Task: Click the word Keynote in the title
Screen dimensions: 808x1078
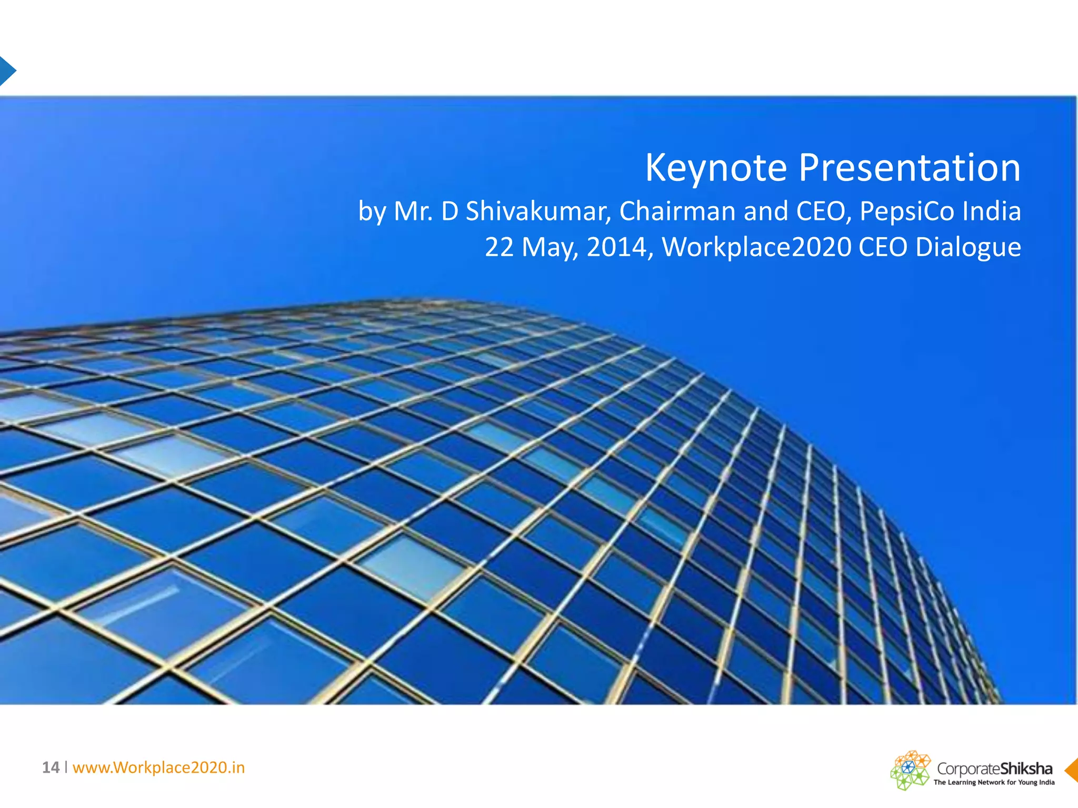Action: click(716, 168)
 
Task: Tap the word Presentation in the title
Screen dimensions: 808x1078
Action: click(910, 168)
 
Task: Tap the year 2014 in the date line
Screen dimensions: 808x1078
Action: click(616, 247)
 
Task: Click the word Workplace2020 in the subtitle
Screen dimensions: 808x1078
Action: click(756, 247)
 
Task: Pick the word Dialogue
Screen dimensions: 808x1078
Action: click(968, 247)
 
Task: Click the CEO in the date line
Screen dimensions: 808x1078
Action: click(883, 247)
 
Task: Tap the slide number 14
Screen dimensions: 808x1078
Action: click(51, 767)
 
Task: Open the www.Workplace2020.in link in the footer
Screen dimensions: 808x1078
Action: click(158, 767)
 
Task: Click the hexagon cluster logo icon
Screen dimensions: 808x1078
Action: click(910, 770)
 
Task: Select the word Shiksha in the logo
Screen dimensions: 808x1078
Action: click(1026, 769)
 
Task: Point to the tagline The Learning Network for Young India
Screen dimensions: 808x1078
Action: click(994, 782)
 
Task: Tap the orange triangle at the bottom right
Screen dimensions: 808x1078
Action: click(1072, 770)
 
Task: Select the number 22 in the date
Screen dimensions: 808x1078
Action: click(499, 247)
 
